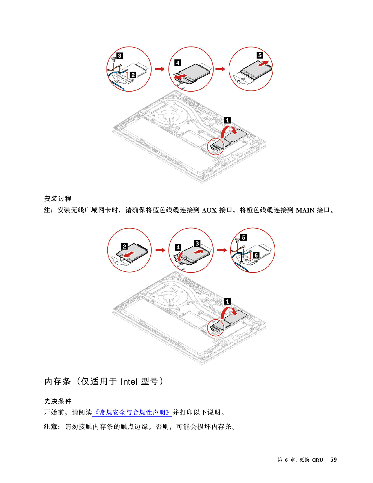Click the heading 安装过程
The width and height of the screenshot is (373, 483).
pos(58,198)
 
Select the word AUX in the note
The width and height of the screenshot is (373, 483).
pos(209,210)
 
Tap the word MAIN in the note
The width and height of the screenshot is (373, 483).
pos(305,210)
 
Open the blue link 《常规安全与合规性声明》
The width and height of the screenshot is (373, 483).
pos(132,412)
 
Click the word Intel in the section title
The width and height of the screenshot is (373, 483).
pos(129,382)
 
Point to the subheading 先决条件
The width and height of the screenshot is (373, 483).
pos(58,401)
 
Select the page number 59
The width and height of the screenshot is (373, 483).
pos(333,460)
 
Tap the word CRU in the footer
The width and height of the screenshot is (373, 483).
pos(317,460)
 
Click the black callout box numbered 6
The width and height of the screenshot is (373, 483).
pos(256,255)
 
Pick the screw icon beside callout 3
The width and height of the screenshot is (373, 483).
pos(114,59)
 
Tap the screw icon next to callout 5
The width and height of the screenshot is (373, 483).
pos(237,240)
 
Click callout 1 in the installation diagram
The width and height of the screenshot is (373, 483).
pos(227,302)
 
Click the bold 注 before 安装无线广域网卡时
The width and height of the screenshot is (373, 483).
pos(47,210)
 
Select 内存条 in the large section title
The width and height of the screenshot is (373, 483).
pos(58,381)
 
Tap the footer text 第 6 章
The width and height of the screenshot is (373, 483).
pos(287,460)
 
